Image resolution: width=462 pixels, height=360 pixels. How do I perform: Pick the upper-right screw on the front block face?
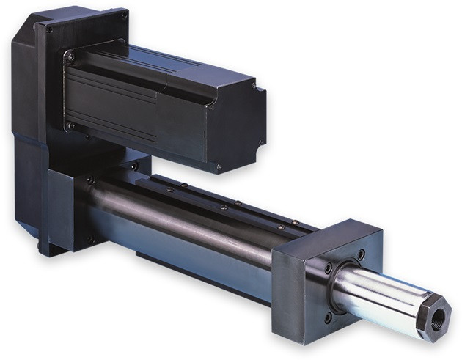pyautogui.click(x=362, y=254)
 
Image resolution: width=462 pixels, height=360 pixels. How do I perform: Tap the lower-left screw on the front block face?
pyautogui.click(x=328, y=317)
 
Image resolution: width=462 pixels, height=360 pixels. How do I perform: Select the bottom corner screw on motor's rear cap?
pyautogui.click(x=218, y=166)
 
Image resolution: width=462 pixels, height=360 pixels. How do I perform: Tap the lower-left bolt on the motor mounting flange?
pyautogui.click(x=70, y=126)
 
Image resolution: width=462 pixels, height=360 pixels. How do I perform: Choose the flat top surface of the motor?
pyautogui.click(x=161, y=65)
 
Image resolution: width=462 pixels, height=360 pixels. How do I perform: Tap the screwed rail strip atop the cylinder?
pyautogui.click(x=220, y=198)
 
